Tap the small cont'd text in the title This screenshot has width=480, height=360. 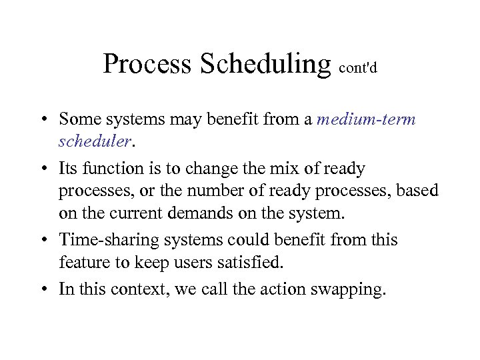tap(358, 68)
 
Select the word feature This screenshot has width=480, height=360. tap(81, 263)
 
